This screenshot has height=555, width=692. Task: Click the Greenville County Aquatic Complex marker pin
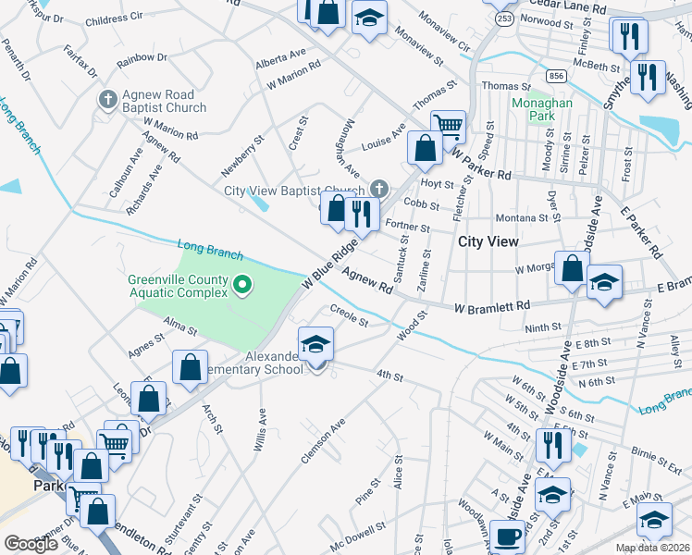pos(242,285)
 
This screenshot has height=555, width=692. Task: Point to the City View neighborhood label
pos(488,241)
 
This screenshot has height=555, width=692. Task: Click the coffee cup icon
pos(506,537)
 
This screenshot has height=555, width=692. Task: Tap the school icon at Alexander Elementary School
pos(315,345)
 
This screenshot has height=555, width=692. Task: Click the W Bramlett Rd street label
pos(491,306)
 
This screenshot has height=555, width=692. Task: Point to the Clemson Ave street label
pos(323,440)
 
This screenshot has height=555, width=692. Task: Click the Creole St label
pos(350,317)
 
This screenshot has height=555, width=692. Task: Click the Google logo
pos(31,544)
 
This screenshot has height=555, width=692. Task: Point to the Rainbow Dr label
pos(142,57)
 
